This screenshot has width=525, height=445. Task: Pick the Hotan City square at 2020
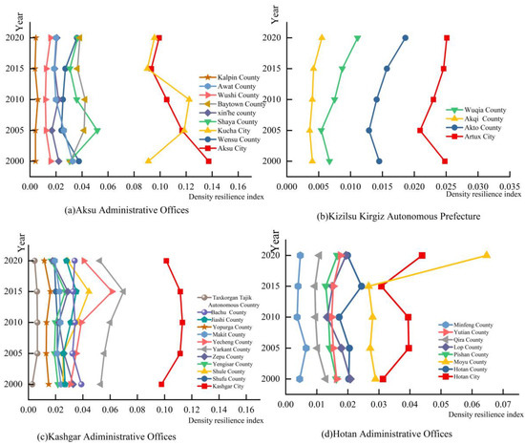[x=422, y=255]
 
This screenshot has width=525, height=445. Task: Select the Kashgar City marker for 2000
[x=161, y=384]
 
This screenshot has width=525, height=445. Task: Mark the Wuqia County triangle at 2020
[x=357, y=38]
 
